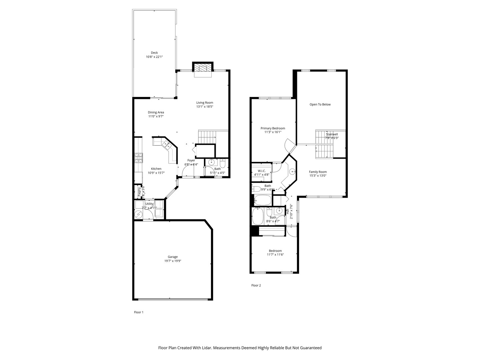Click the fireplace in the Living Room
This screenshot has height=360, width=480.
203,68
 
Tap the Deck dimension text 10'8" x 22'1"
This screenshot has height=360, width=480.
154,57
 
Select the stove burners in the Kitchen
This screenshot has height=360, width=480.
138,158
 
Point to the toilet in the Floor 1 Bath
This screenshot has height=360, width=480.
223,163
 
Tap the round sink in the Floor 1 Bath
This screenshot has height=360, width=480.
211,163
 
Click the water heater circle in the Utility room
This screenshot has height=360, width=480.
139,215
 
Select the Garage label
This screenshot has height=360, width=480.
172,257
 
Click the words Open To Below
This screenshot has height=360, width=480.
320,104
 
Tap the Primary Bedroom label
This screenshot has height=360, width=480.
273,128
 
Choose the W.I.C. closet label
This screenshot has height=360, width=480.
261,171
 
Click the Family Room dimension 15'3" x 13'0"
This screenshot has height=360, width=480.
318,176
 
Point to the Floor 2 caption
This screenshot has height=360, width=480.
256,285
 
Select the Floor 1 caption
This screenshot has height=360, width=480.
138,312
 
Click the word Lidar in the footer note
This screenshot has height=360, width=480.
206,348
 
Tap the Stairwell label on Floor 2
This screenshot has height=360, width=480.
332,134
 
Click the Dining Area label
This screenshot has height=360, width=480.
156,112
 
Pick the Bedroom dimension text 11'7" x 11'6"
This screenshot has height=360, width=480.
275,255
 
